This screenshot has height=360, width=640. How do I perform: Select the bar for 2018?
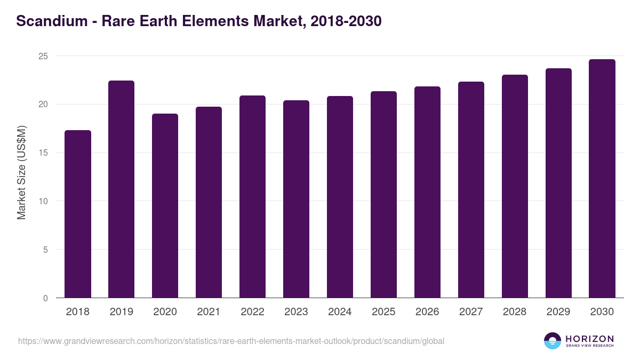(78, 214)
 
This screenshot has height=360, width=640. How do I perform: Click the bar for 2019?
(122, 189)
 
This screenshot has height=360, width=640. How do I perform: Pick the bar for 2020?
(165, 206)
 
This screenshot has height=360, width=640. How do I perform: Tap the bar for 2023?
(296, 199)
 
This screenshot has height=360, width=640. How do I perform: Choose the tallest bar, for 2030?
(602, 179)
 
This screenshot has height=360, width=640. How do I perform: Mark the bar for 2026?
(427, 192)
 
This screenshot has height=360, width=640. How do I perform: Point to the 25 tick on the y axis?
(43, 56)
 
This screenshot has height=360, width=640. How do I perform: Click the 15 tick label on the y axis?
(43, 153)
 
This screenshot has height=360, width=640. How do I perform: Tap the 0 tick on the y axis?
(45, 298)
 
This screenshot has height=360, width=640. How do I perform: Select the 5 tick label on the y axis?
(45, 250)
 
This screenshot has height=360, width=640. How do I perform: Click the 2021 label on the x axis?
(209, 312)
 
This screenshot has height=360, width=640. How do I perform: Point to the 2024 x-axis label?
(340, 312)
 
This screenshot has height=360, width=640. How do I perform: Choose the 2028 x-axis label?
(515, 312)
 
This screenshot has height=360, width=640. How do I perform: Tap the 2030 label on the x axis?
(602, 312)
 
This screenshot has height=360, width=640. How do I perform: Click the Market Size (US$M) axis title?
(21, 172)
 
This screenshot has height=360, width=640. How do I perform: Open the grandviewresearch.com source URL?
(231, 341)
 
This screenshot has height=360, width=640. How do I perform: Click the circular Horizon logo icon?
(553, 341)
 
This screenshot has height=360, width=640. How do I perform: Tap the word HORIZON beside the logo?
(589, 338)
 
